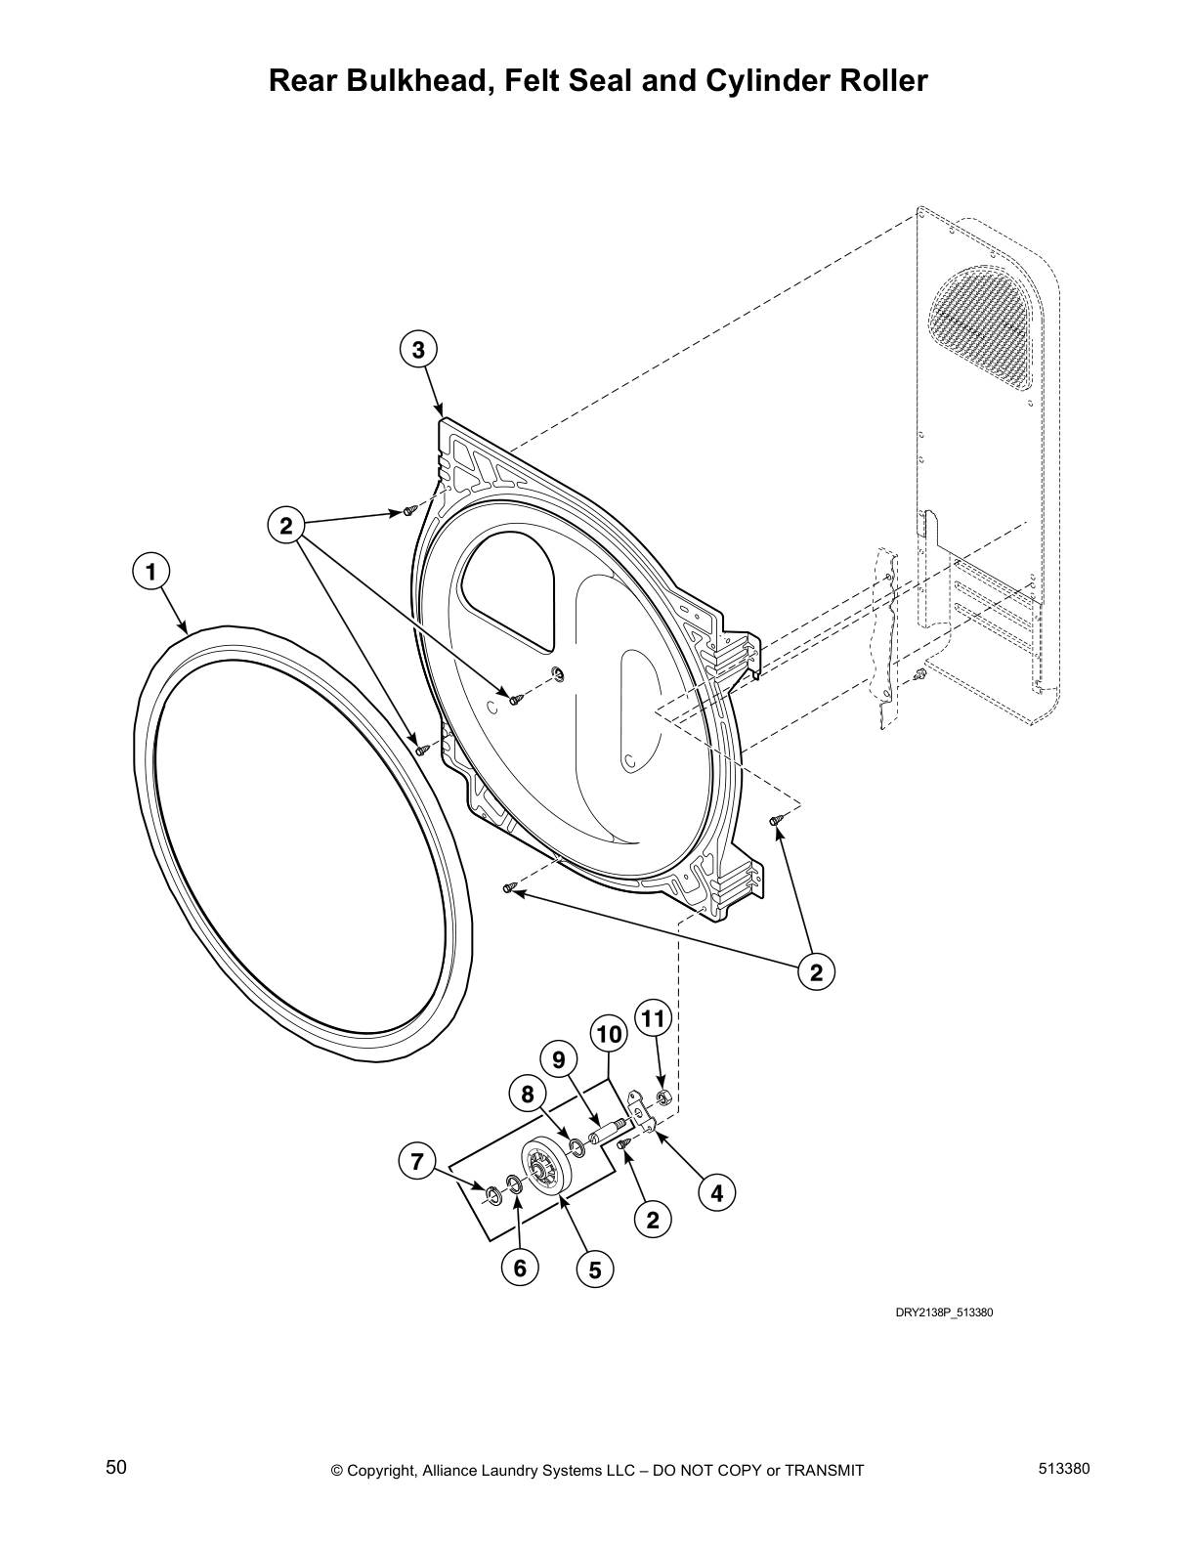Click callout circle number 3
[418, 350]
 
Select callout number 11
[653, 1020]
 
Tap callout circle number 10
[607, 1034]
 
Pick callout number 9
[559, 1059]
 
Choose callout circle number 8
[528, 1095]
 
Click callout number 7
[417, 1162]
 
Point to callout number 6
[520, 1268]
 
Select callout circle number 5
[594, 1269]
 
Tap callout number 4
[717, 1193]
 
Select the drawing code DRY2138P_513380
[944, 1311]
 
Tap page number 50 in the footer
[116, 1468]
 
